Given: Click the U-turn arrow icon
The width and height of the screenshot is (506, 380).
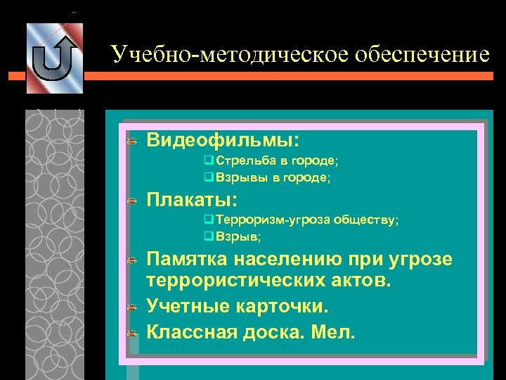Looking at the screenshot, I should pos(54,58).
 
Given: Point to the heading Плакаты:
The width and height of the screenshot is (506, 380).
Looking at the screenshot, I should pos(192,199).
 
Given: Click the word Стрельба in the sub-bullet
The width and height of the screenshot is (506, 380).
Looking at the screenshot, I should pos(241,161).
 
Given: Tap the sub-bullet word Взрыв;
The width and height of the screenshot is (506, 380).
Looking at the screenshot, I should pos(238,236).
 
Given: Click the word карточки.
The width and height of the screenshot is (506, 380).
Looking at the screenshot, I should pos(287,307).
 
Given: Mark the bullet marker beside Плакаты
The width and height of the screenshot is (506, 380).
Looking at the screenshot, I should pos(131,201).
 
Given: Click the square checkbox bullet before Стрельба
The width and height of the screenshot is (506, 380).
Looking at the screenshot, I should pos(208,161).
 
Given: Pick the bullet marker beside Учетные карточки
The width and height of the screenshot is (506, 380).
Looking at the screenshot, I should pos(131,308).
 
